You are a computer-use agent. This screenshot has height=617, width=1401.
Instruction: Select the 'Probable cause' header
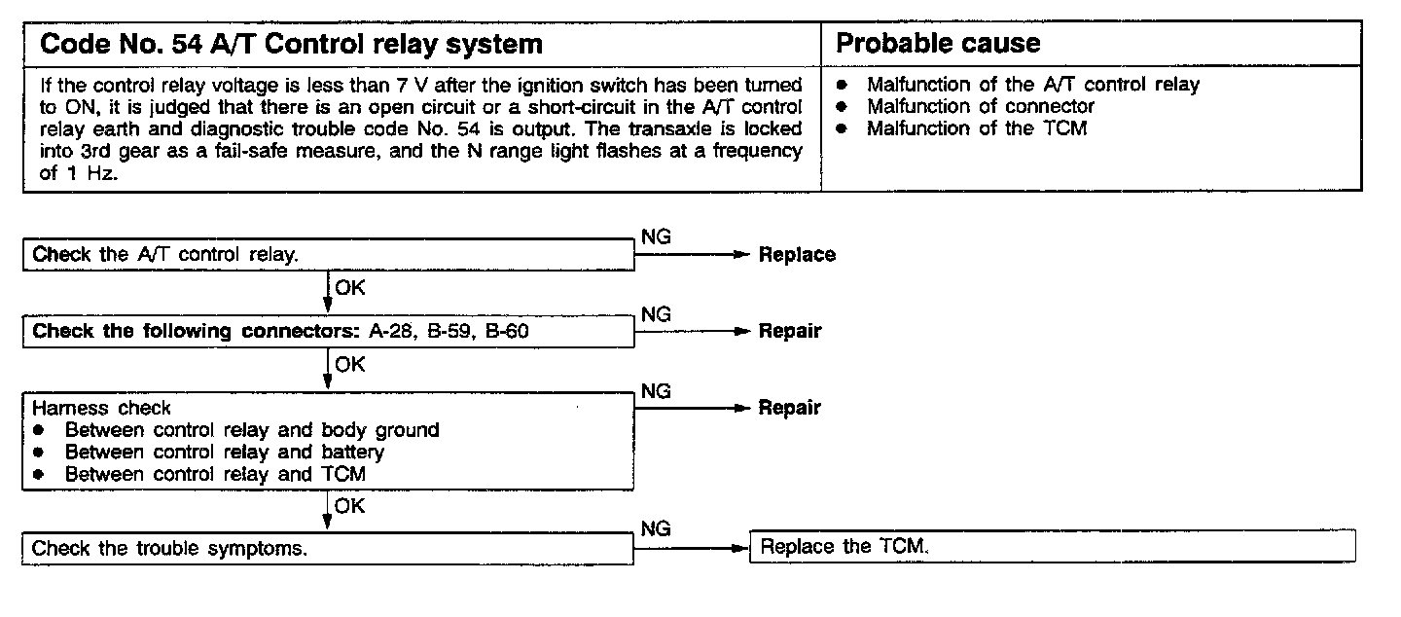[938, 44]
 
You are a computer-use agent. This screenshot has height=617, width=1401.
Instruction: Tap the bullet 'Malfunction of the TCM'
[976, 127]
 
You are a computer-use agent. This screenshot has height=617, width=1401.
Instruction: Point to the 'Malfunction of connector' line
[981, 106]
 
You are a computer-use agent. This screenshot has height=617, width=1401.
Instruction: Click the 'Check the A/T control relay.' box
[328, 255]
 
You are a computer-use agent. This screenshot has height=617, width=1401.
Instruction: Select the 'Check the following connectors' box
[328, 331]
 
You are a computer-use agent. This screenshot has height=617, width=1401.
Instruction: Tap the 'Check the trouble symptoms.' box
[328, 548]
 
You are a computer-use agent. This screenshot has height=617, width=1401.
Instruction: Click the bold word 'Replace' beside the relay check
[797, 255]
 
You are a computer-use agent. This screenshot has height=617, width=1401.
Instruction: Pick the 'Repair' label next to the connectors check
[790, 331]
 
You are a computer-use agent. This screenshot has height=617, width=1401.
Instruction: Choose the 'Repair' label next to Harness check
[790, 408]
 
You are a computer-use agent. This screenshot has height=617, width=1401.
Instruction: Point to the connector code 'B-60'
[507, 331]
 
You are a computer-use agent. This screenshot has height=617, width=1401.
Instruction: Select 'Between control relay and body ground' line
[252, 430]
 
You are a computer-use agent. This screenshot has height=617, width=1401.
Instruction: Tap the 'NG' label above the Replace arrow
[656, 237]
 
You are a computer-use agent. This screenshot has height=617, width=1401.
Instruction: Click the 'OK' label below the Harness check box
[350, 504]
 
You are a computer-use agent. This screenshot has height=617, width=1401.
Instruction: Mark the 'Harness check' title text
[101, 408]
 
